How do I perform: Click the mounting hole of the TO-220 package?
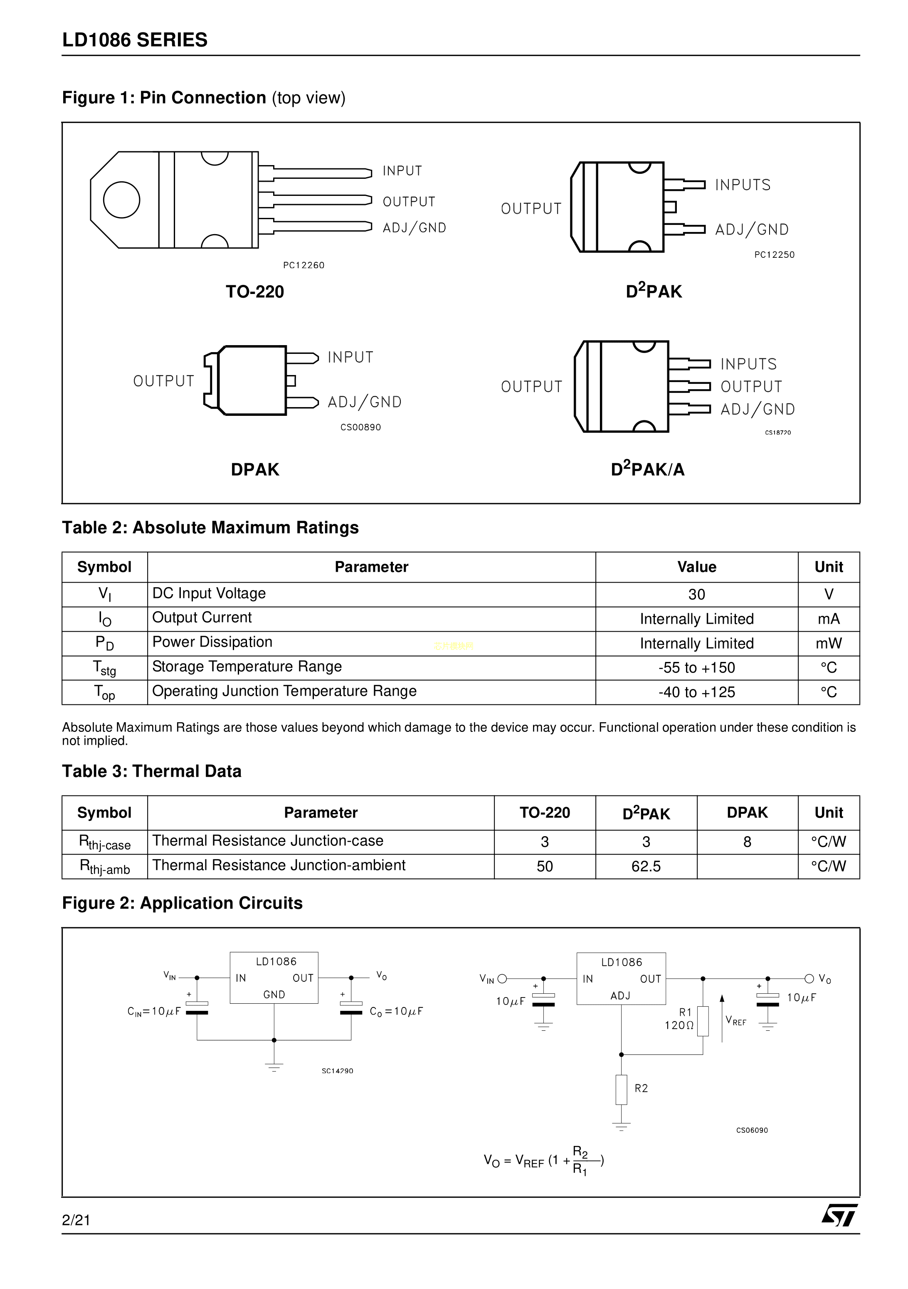[121, 200]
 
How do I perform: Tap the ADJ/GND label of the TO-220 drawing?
[414, 228]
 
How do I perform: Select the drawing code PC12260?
[303, 265]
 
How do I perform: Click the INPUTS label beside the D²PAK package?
[743, 185]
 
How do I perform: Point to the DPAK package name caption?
[255, 469]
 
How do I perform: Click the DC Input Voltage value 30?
[696, 595]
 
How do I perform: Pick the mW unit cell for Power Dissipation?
[828, 643]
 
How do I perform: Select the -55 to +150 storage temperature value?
[696, 667]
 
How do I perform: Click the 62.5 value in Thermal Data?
[646, 866]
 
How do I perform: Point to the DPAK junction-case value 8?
[747, 842]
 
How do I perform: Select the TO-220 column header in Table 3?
[544, 812]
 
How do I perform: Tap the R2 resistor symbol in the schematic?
[621, 1090]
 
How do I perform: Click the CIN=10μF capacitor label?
[154, 1012]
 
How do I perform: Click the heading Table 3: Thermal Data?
[151, 771]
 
